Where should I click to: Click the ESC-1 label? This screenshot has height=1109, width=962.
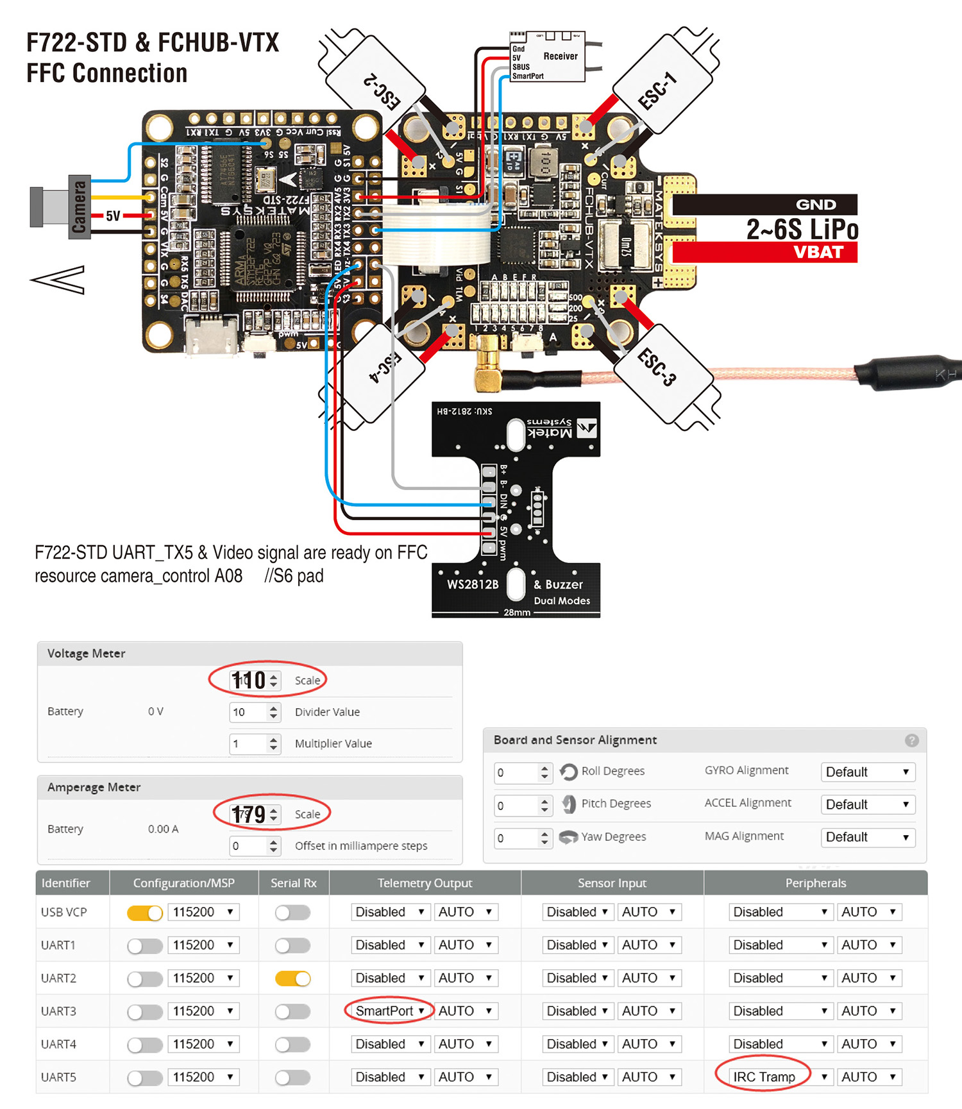658,90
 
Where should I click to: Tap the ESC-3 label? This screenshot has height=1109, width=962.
657,367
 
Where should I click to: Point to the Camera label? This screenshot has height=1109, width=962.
80,207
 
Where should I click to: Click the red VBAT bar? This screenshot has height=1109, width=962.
764,252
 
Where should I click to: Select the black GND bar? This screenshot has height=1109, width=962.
764,205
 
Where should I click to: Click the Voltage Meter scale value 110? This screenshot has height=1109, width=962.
249,680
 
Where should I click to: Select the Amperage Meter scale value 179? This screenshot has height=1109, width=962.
249,814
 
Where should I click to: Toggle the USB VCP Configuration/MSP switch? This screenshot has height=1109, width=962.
145,912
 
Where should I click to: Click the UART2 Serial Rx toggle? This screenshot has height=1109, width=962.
292,978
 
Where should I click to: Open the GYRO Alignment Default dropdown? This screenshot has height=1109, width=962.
867,772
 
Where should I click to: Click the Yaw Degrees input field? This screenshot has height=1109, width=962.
517,838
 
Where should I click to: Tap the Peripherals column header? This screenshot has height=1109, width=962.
815,883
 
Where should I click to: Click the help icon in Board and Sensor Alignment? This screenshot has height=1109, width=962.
911,740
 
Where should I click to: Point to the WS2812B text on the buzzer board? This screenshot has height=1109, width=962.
473,584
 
